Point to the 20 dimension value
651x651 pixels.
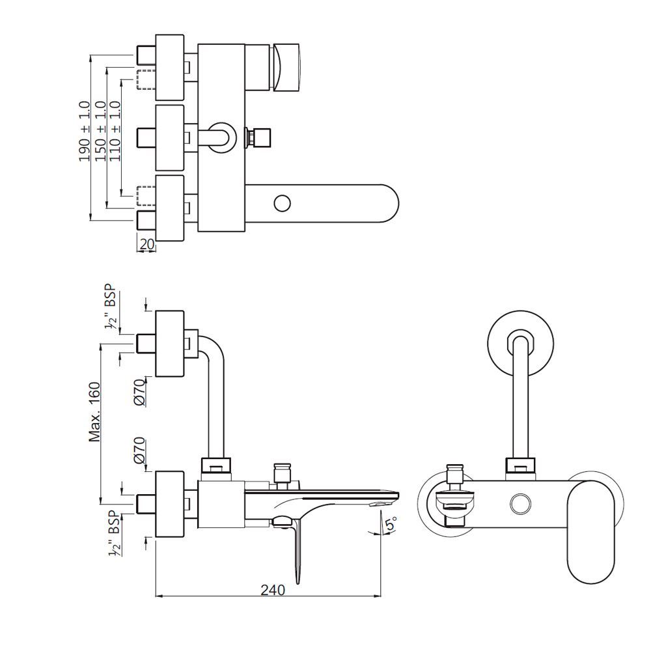point(146,244)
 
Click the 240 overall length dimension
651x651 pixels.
point(273,590)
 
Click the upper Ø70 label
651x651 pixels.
point(139,392)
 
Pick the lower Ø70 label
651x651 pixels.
point(139,450)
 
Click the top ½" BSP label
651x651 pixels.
point(111,306)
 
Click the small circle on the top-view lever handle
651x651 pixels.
point(282,203)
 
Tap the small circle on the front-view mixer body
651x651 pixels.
point(519,503)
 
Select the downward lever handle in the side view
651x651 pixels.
point(299,547)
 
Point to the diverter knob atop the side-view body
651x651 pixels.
point(282,473)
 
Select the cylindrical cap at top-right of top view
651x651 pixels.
point(287,67)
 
